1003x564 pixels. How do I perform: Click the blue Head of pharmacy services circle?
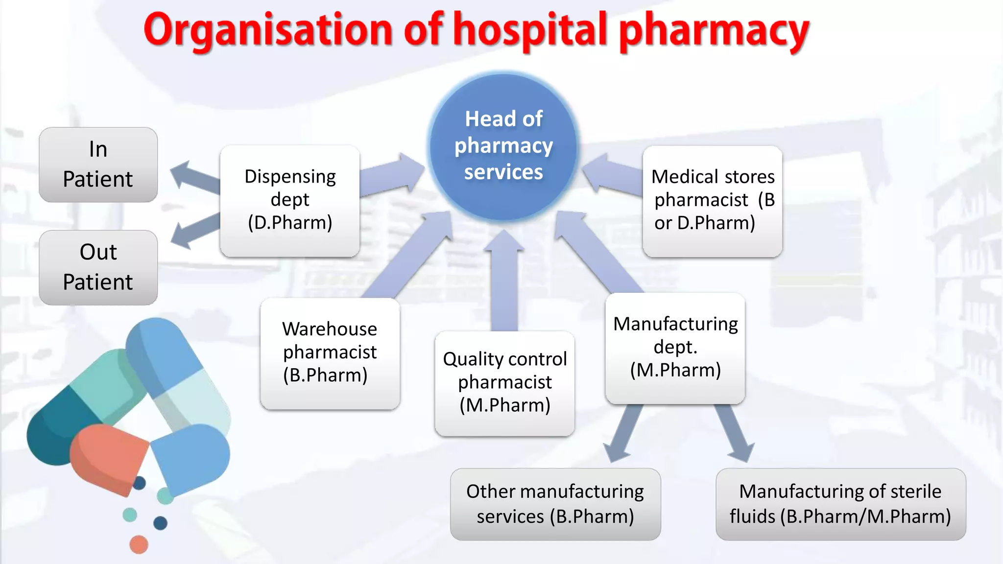tap(503, 146)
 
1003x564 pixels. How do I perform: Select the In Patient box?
tap(98, 164)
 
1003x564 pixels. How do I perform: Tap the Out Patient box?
tap(98, 267)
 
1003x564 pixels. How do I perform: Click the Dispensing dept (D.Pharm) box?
tap(290, 200)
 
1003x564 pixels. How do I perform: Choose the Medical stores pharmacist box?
tap(712, 201)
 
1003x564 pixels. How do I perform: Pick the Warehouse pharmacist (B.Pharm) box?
tap(330, 353)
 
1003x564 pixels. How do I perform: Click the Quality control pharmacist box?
tap(504, 383)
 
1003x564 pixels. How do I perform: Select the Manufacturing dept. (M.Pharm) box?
tap(675, 348)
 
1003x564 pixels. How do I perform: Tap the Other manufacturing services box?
tap(555, 504)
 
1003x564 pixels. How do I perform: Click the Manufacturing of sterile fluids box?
tap(840, 504)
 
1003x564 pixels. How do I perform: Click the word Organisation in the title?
tap(268, 30)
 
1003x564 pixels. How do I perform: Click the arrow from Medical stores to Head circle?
tap(612, 176)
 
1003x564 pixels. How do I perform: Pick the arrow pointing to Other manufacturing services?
tap(623, 433)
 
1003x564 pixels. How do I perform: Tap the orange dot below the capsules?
tap(139, 544)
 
